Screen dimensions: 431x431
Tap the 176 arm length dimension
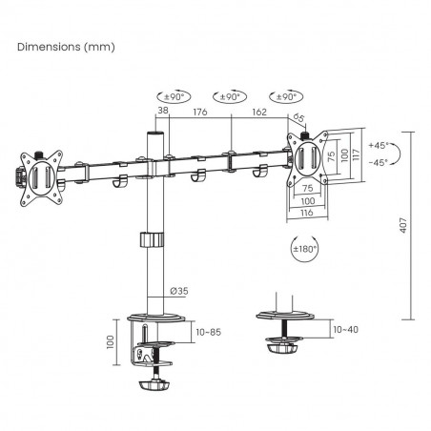(x=199, y=111)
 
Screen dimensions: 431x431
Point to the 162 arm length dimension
(x=260, y=111)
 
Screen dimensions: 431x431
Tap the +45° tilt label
(x=382, y=145)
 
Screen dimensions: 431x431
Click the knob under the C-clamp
(x=154, y=388)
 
